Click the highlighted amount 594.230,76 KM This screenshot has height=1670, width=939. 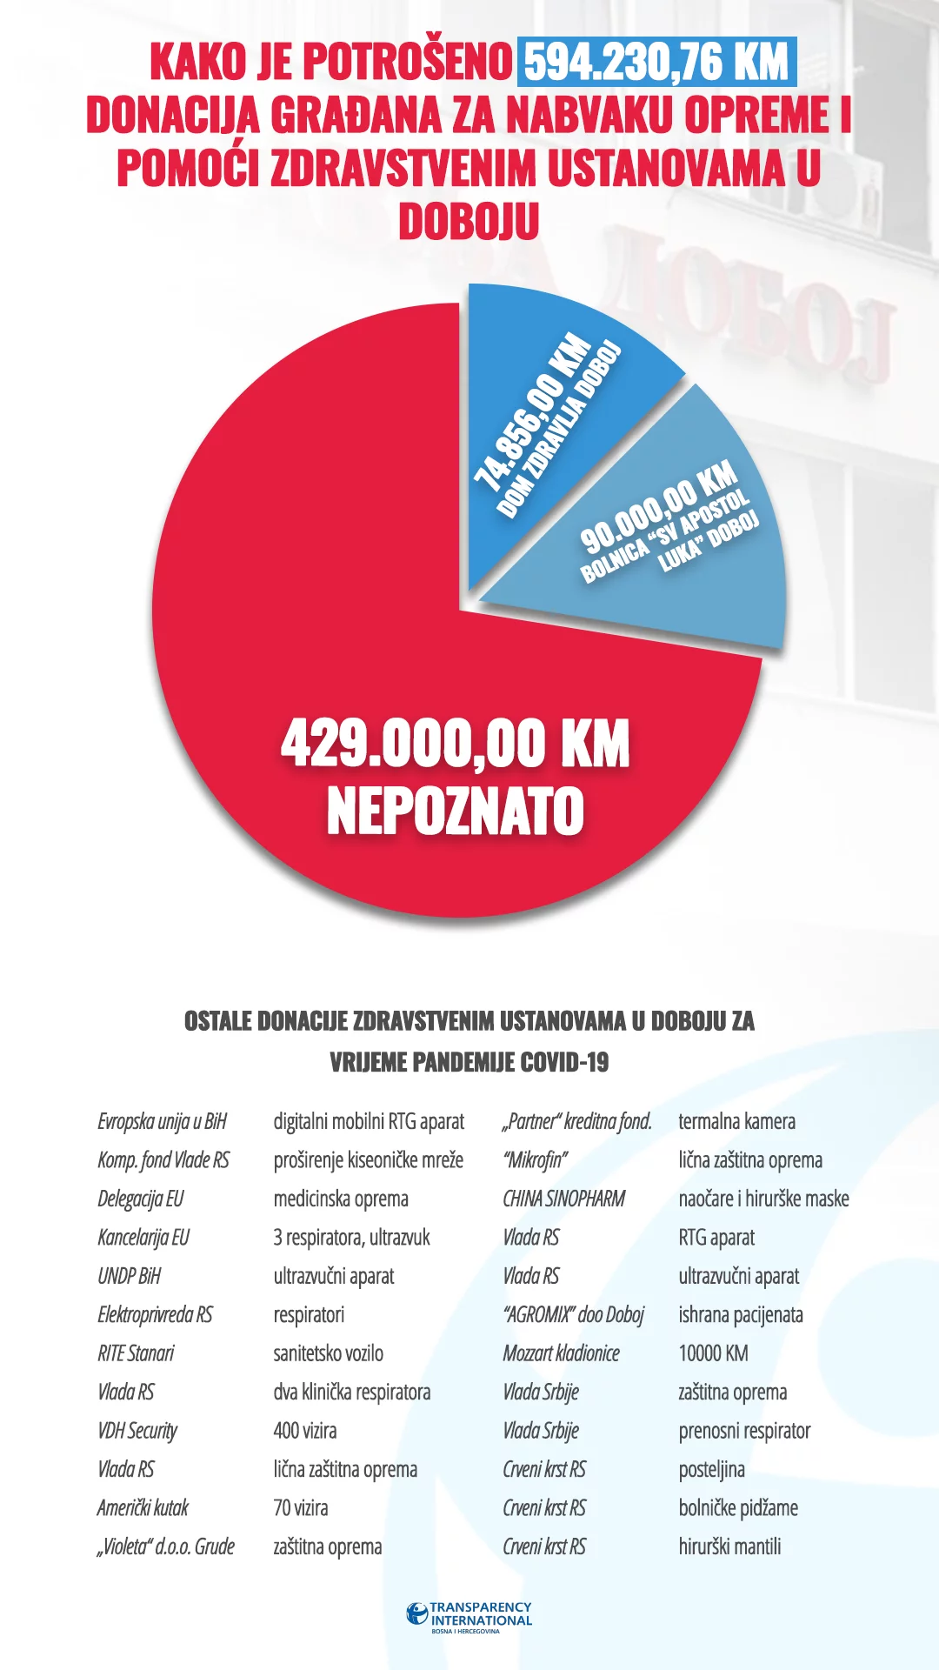pos(656,62)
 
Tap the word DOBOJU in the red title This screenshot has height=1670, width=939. pos(469,222)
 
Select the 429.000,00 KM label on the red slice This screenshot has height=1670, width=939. pos(455,745)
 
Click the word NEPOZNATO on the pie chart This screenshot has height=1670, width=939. pos(455,812)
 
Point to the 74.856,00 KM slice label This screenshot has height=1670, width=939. pos(532,411)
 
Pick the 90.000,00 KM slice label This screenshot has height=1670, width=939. pos(658,507)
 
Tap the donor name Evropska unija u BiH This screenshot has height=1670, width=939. pos(162,1121)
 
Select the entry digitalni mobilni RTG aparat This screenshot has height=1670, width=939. pos(369,1121)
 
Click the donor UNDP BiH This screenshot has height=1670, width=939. pos(130,1276)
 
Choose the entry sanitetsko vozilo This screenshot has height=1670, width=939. pos(328,1353)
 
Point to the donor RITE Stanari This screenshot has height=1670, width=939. pos(136,1353)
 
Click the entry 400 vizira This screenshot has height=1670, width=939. pos(304,1431)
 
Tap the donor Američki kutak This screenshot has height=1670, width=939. pos(143,1508)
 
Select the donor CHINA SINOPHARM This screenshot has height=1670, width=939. pos(563,1199)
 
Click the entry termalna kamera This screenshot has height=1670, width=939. pos(736,1121)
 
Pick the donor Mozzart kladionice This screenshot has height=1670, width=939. pos(561,1353)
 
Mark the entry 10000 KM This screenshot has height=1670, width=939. pos(713,1353)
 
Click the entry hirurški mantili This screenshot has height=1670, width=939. pos(729,1546)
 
